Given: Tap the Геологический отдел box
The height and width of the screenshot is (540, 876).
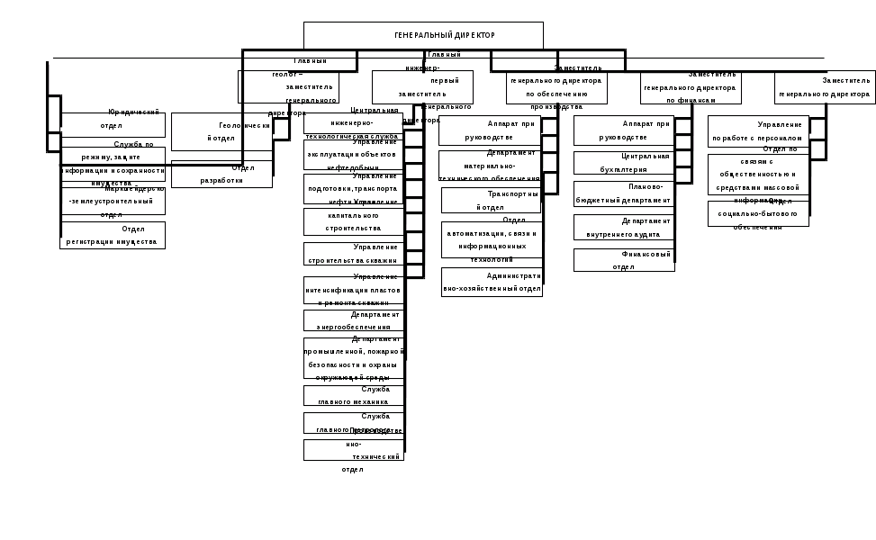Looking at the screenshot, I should click(221, 132).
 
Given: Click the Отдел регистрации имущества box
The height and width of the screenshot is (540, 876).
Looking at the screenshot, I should click(114, 235).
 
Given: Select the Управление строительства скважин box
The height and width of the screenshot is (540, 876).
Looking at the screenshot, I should click(354, 255).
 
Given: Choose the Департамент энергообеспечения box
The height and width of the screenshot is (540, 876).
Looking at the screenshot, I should click(354, 321).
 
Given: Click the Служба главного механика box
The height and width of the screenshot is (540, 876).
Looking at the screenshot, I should click(354, 423).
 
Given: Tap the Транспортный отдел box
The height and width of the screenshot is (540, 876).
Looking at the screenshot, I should click(491, 201).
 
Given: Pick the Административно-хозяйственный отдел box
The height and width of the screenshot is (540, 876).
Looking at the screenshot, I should click(491, 283).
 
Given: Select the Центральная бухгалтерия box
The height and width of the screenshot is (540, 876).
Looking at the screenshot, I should click(624, 163).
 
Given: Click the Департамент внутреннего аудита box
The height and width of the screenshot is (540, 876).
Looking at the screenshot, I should click(624, 227).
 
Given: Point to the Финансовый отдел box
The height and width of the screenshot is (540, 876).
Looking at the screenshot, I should click(624, 260).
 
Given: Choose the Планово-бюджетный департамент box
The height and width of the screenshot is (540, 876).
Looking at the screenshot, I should click(624, 194).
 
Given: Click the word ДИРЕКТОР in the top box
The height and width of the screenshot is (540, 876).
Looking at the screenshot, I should click(474, 35).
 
